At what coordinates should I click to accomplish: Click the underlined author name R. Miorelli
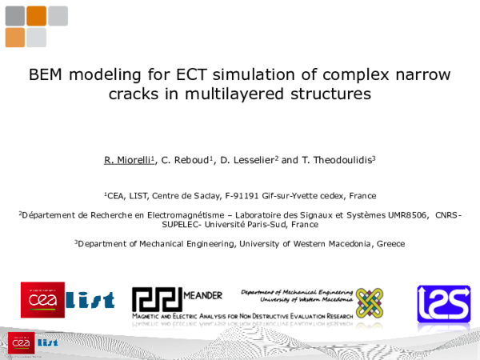[128, 160]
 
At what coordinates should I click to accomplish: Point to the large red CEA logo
[42, 299]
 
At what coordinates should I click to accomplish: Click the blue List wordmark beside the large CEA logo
[90, 300]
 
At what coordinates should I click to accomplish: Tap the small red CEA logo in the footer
[21, 342]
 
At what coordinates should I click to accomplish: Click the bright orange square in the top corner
[36, 16]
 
